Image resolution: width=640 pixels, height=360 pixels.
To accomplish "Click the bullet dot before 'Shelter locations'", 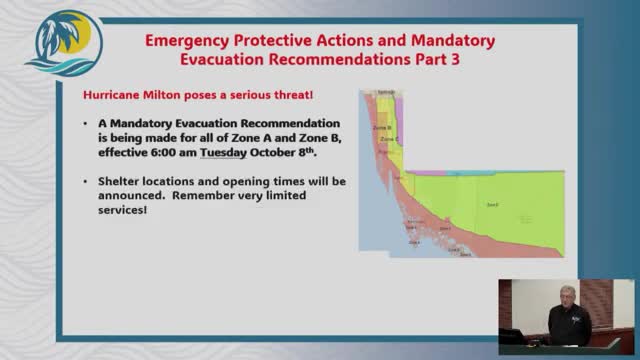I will [87, 183].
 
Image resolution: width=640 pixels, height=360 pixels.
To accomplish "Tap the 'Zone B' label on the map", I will [382, 128].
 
